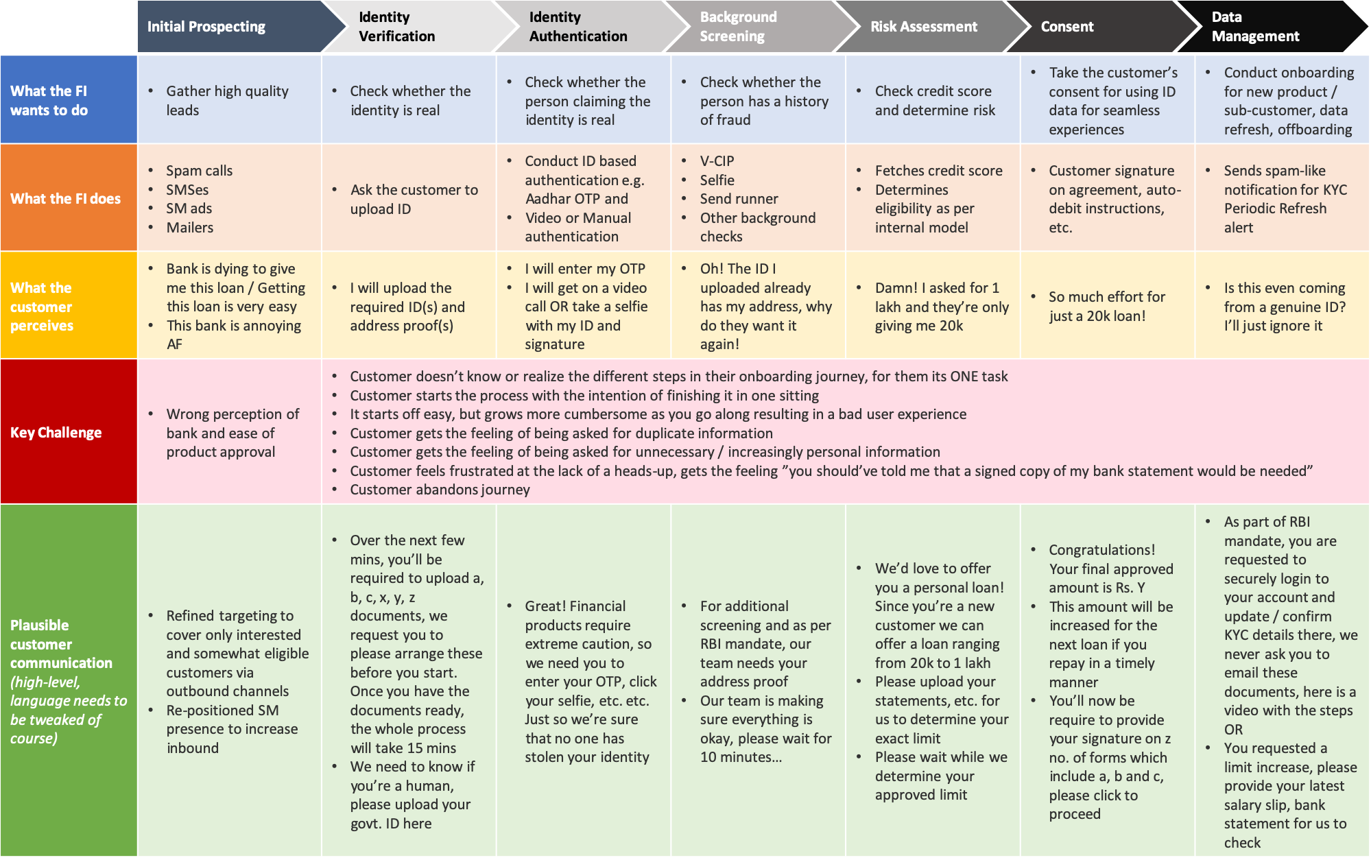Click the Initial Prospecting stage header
pos(206,27)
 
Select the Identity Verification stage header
pos(396,27)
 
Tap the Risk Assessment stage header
pos(923,27)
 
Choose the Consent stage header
pos(1066,27)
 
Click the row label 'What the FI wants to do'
pos(49,100)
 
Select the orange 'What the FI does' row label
pos(65,199)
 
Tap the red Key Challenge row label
pos(56,432)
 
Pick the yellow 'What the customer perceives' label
pos(42,307)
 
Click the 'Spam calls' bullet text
pos(199,171)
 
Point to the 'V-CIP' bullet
pos(717,161)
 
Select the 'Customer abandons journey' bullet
pos(440,490)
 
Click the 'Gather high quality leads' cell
pos(226,100)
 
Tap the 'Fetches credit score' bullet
pos(938,171)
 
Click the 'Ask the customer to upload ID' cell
pos(414,199)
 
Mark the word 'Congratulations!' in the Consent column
pos(1101,550)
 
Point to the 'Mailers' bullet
pos(189,228)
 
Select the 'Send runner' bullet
pos(739,199)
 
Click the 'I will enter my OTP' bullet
pos(584,269)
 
